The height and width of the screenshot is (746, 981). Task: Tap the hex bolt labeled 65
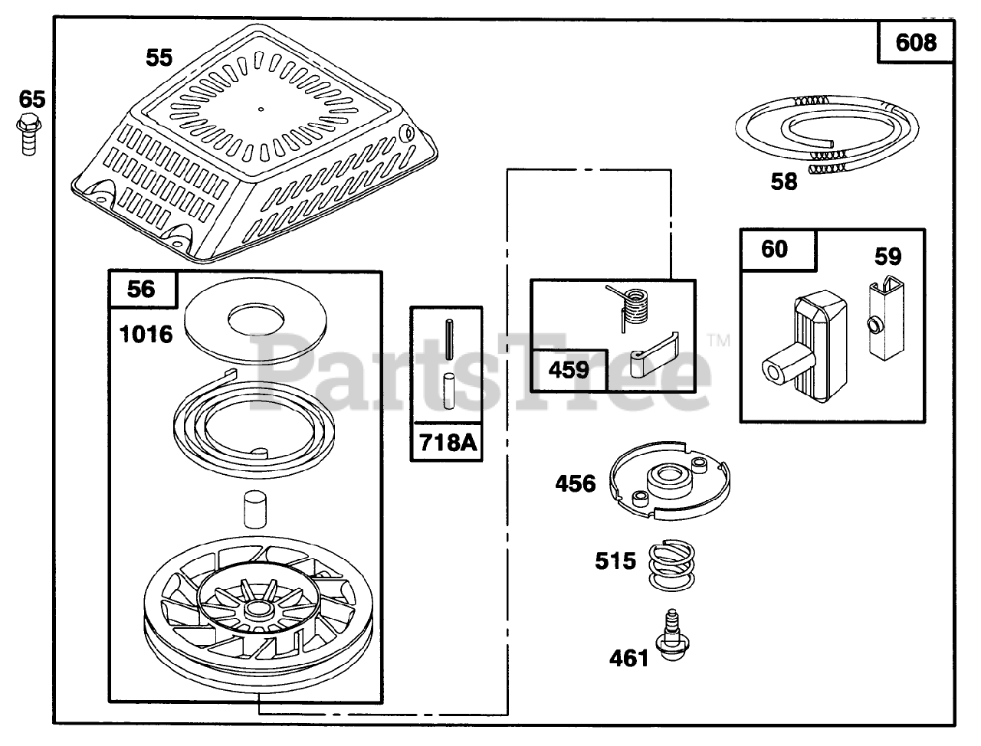point(28,134)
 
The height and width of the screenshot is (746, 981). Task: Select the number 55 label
point(159,57)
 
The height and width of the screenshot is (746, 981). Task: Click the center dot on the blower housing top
point(261,109)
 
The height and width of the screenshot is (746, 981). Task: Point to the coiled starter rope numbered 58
point(823,131)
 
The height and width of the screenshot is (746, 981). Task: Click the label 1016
point(146,334)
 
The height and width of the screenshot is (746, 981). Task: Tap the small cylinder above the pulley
point(250,509)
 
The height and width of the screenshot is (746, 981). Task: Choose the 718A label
point(447,442)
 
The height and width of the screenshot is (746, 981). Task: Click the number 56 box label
point(141,289)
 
